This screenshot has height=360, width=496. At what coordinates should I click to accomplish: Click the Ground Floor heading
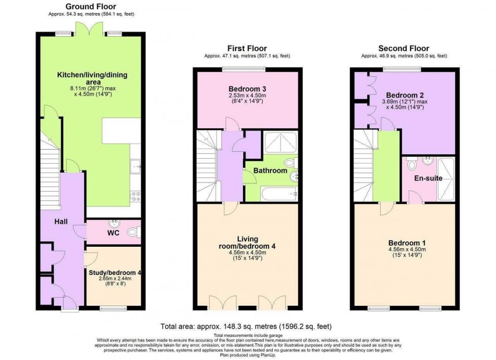click(x=91, y=7)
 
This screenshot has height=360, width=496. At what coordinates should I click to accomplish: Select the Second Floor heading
click(x=403, y=49)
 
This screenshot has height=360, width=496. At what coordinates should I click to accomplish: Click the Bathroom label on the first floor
click(x=270, y=171)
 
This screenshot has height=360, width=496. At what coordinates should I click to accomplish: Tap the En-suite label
click(x=428, y=178)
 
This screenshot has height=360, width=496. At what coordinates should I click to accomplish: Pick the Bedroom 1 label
click(x=403, y=241)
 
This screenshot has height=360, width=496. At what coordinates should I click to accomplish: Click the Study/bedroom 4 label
click(x=114, y=273)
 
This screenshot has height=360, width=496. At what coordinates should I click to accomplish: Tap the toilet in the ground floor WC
click(x=133, y=233)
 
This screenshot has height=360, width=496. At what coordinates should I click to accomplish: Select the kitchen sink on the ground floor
click(x=136, y=165)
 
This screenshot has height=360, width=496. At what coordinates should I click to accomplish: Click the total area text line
click(x=246, y=327)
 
